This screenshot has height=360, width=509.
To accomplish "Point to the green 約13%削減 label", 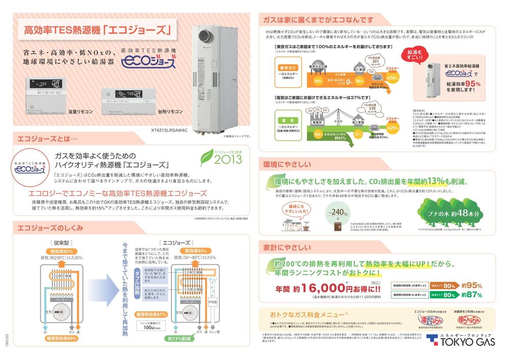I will pyautogui.click(x=180, y=338).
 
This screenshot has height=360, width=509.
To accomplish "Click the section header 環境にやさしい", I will pyautogui.click(x=287, y=165).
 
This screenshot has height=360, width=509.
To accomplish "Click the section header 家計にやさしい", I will pyautogui.click(x=287, y=247).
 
